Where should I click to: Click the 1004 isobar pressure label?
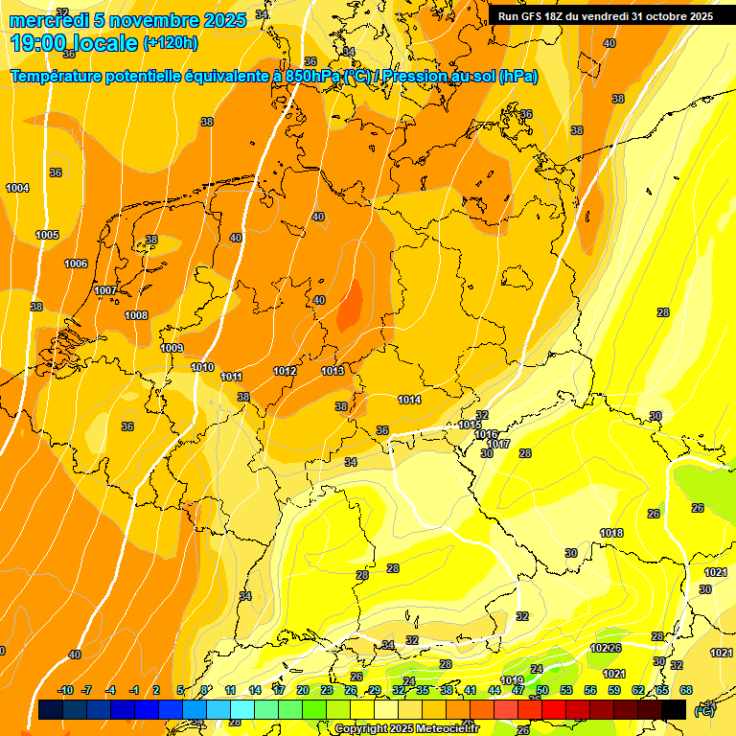[17, 188]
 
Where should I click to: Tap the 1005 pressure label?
[47, 235]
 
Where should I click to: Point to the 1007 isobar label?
[105, 290]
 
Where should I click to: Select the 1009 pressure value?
[172, 348]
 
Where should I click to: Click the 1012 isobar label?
[285, 371]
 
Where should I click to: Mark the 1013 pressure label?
[333, 371]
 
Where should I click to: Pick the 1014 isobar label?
[409, 400]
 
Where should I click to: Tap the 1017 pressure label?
[497, 444]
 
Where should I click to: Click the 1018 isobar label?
[611, 533]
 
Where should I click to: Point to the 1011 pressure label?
[232, 377]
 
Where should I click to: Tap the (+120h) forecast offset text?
[171, 43]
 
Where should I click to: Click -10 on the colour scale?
[65, 690]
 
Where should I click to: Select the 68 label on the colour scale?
[686, 690]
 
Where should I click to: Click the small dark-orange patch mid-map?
[352, 304]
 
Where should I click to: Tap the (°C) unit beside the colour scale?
[703, 710]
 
